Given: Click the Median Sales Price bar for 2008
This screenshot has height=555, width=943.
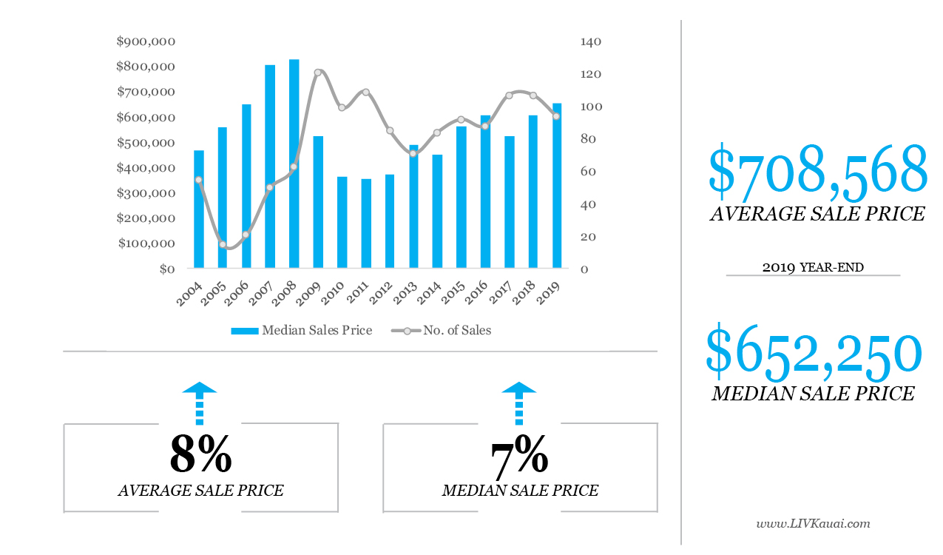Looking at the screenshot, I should (x=294, y=164).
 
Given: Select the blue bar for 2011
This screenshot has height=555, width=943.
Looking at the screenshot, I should (x=365, y=223).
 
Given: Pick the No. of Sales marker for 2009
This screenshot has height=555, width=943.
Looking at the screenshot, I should (x=317, y=73).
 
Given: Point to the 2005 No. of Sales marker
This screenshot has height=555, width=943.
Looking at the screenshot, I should (x=222, y=244).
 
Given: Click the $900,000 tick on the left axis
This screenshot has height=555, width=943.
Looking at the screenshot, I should (x=146, y=41).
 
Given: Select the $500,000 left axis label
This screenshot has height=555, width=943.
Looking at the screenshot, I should (x=146, y=143).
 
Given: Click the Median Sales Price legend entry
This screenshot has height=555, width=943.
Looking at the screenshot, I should (x=302, y=330).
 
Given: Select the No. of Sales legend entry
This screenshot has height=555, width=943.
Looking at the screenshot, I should (x=442, y=330).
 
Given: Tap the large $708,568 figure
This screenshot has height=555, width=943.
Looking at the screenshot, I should (x=817, y=172).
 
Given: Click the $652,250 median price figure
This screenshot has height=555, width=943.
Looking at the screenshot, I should (x=814, y=352).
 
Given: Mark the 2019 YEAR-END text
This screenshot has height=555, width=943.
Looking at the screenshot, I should (x=813, y=267).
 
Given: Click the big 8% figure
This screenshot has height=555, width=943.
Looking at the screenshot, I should (x=200, y=454).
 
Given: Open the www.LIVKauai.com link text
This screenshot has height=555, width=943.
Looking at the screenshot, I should (x=813, y=524).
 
